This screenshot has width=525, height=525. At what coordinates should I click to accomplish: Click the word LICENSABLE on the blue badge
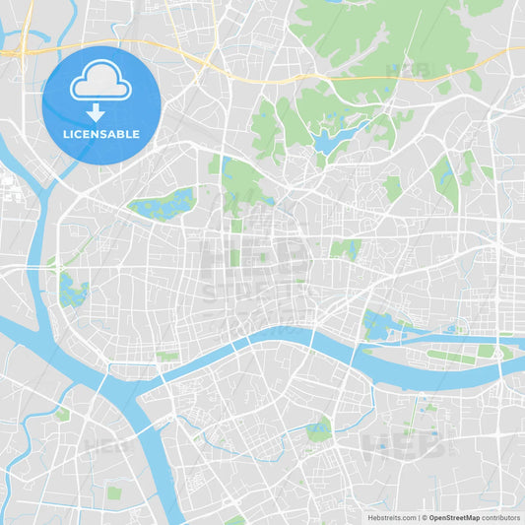pos(101,134)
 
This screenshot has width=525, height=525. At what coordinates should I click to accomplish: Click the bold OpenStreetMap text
pos(454,517)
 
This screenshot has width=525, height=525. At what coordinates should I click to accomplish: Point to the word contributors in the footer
pos(501,517)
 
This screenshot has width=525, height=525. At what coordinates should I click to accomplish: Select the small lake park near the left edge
pos(72,291)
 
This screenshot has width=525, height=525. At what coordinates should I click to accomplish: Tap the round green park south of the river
pos(317,429)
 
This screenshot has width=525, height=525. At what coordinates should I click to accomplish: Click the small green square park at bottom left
pos(114,492)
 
